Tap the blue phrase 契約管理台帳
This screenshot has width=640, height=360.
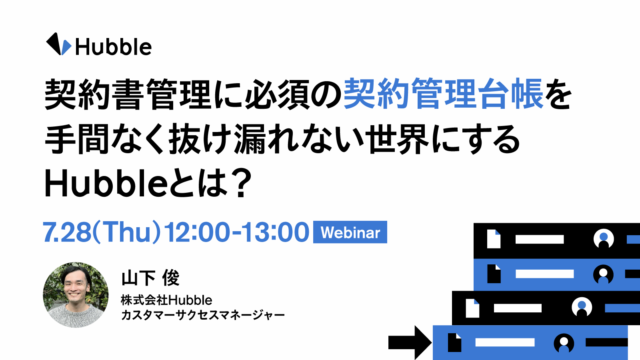pyautogui.click(x=444, y=94)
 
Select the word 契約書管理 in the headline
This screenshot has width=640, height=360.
pyautogui.click(x=128, y=94)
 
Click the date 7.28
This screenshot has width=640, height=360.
pyautogui.click(x=66, y=232)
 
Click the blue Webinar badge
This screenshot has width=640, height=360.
pyautogui.click(x=350, y=232)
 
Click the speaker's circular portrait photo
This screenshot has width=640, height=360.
pyautogui.click(x=76, y=295)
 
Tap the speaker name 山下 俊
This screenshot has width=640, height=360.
pyautogui.click(x=150, y=278)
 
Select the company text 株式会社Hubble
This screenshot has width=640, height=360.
pyautogui.click(x=166, y=300)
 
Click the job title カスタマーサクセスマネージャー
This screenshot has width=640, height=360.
pyautogui.click(x=203, y=315)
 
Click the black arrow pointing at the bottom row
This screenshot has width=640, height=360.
pyautogui.click(x=410, y=342)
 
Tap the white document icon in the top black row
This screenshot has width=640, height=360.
pyautogui.click(x=494, y=239)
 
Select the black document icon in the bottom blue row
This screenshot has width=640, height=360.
pyautogui.click(x=454, y=342)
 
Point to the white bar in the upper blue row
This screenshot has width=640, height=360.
pyautogui.click(x=544, y=274)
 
